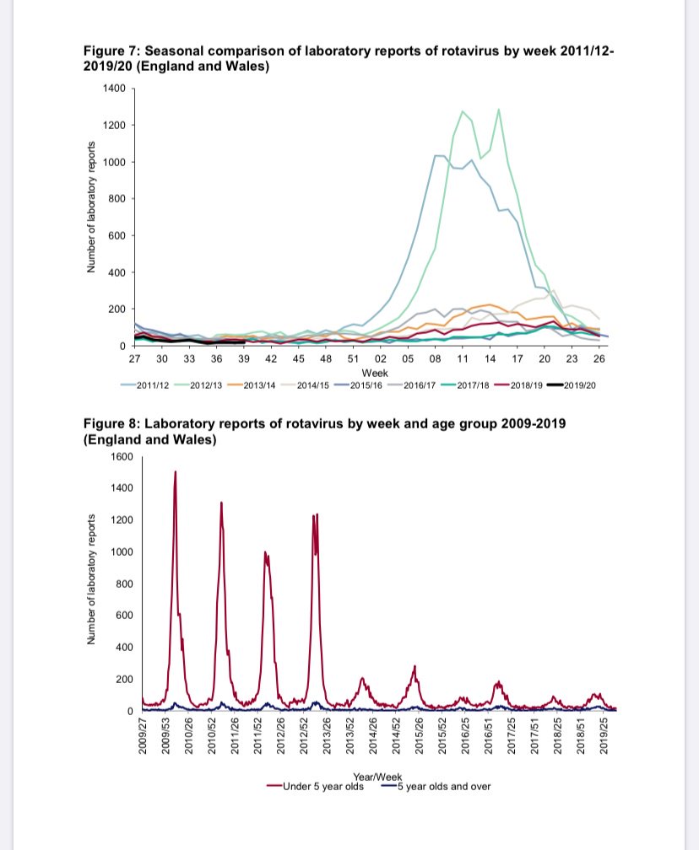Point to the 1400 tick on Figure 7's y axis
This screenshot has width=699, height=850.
point(115,89)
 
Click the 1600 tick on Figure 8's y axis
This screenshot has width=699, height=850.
point(122,456)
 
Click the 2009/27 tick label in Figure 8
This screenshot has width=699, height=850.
point(144,732)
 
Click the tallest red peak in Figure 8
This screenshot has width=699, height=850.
point(176,471)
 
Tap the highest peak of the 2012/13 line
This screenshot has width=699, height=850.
point(499,109)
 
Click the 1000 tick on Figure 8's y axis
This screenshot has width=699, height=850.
point(122,552)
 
